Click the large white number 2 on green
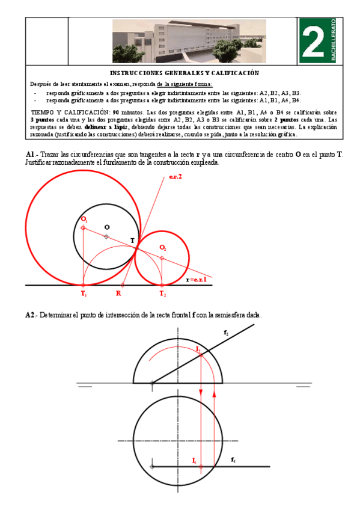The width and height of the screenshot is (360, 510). (313, 41)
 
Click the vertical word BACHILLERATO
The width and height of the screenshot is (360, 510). (333, 41)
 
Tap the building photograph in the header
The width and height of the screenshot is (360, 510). (189, 41)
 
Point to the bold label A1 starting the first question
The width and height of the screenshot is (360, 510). (31, 155)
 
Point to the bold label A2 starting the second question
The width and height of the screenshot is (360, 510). (31, 315)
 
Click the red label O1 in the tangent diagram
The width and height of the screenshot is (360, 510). (84, 220)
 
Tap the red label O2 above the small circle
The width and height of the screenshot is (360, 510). (163, 248)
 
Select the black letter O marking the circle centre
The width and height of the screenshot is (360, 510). (107, 227)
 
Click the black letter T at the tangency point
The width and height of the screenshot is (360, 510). (133, 241)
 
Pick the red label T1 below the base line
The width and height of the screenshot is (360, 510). (84, 294)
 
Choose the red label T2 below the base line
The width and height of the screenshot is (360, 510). (163, 294)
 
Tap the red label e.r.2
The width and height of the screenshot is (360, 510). (175, 176)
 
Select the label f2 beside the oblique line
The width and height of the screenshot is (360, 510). (225, 332)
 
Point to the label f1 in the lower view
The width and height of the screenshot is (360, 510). (233, 459)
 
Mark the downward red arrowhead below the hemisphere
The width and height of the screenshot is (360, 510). (200, 393)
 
